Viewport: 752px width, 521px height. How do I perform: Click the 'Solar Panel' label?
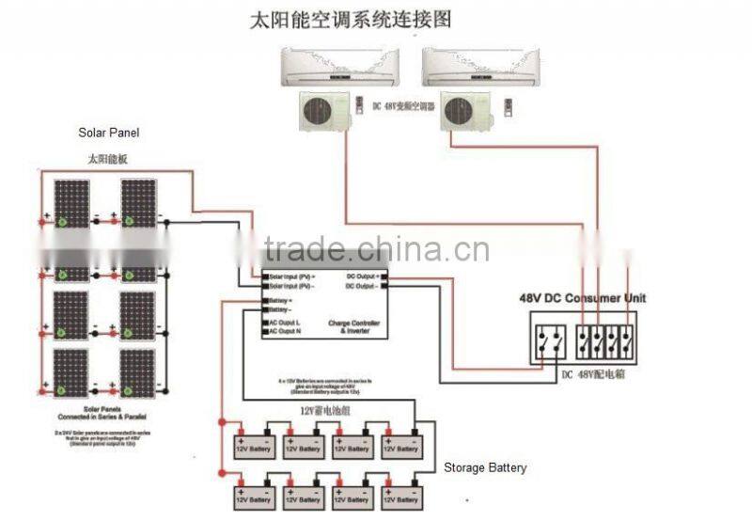109,134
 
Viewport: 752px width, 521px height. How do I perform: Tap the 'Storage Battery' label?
485,467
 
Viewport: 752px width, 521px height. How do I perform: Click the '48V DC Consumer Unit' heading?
583,298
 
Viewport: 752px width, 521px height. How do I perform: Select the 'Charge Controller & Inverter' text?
354,326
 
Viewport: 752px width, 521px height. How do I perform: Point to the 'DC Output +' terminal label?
363,276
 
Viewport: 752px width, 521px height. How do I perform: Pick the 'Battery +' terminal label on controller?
283,301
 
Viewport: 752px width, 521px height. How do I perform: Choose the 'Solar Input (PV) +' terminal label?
292,276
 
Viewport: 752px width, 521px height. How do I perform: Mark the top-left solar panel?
71,203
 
